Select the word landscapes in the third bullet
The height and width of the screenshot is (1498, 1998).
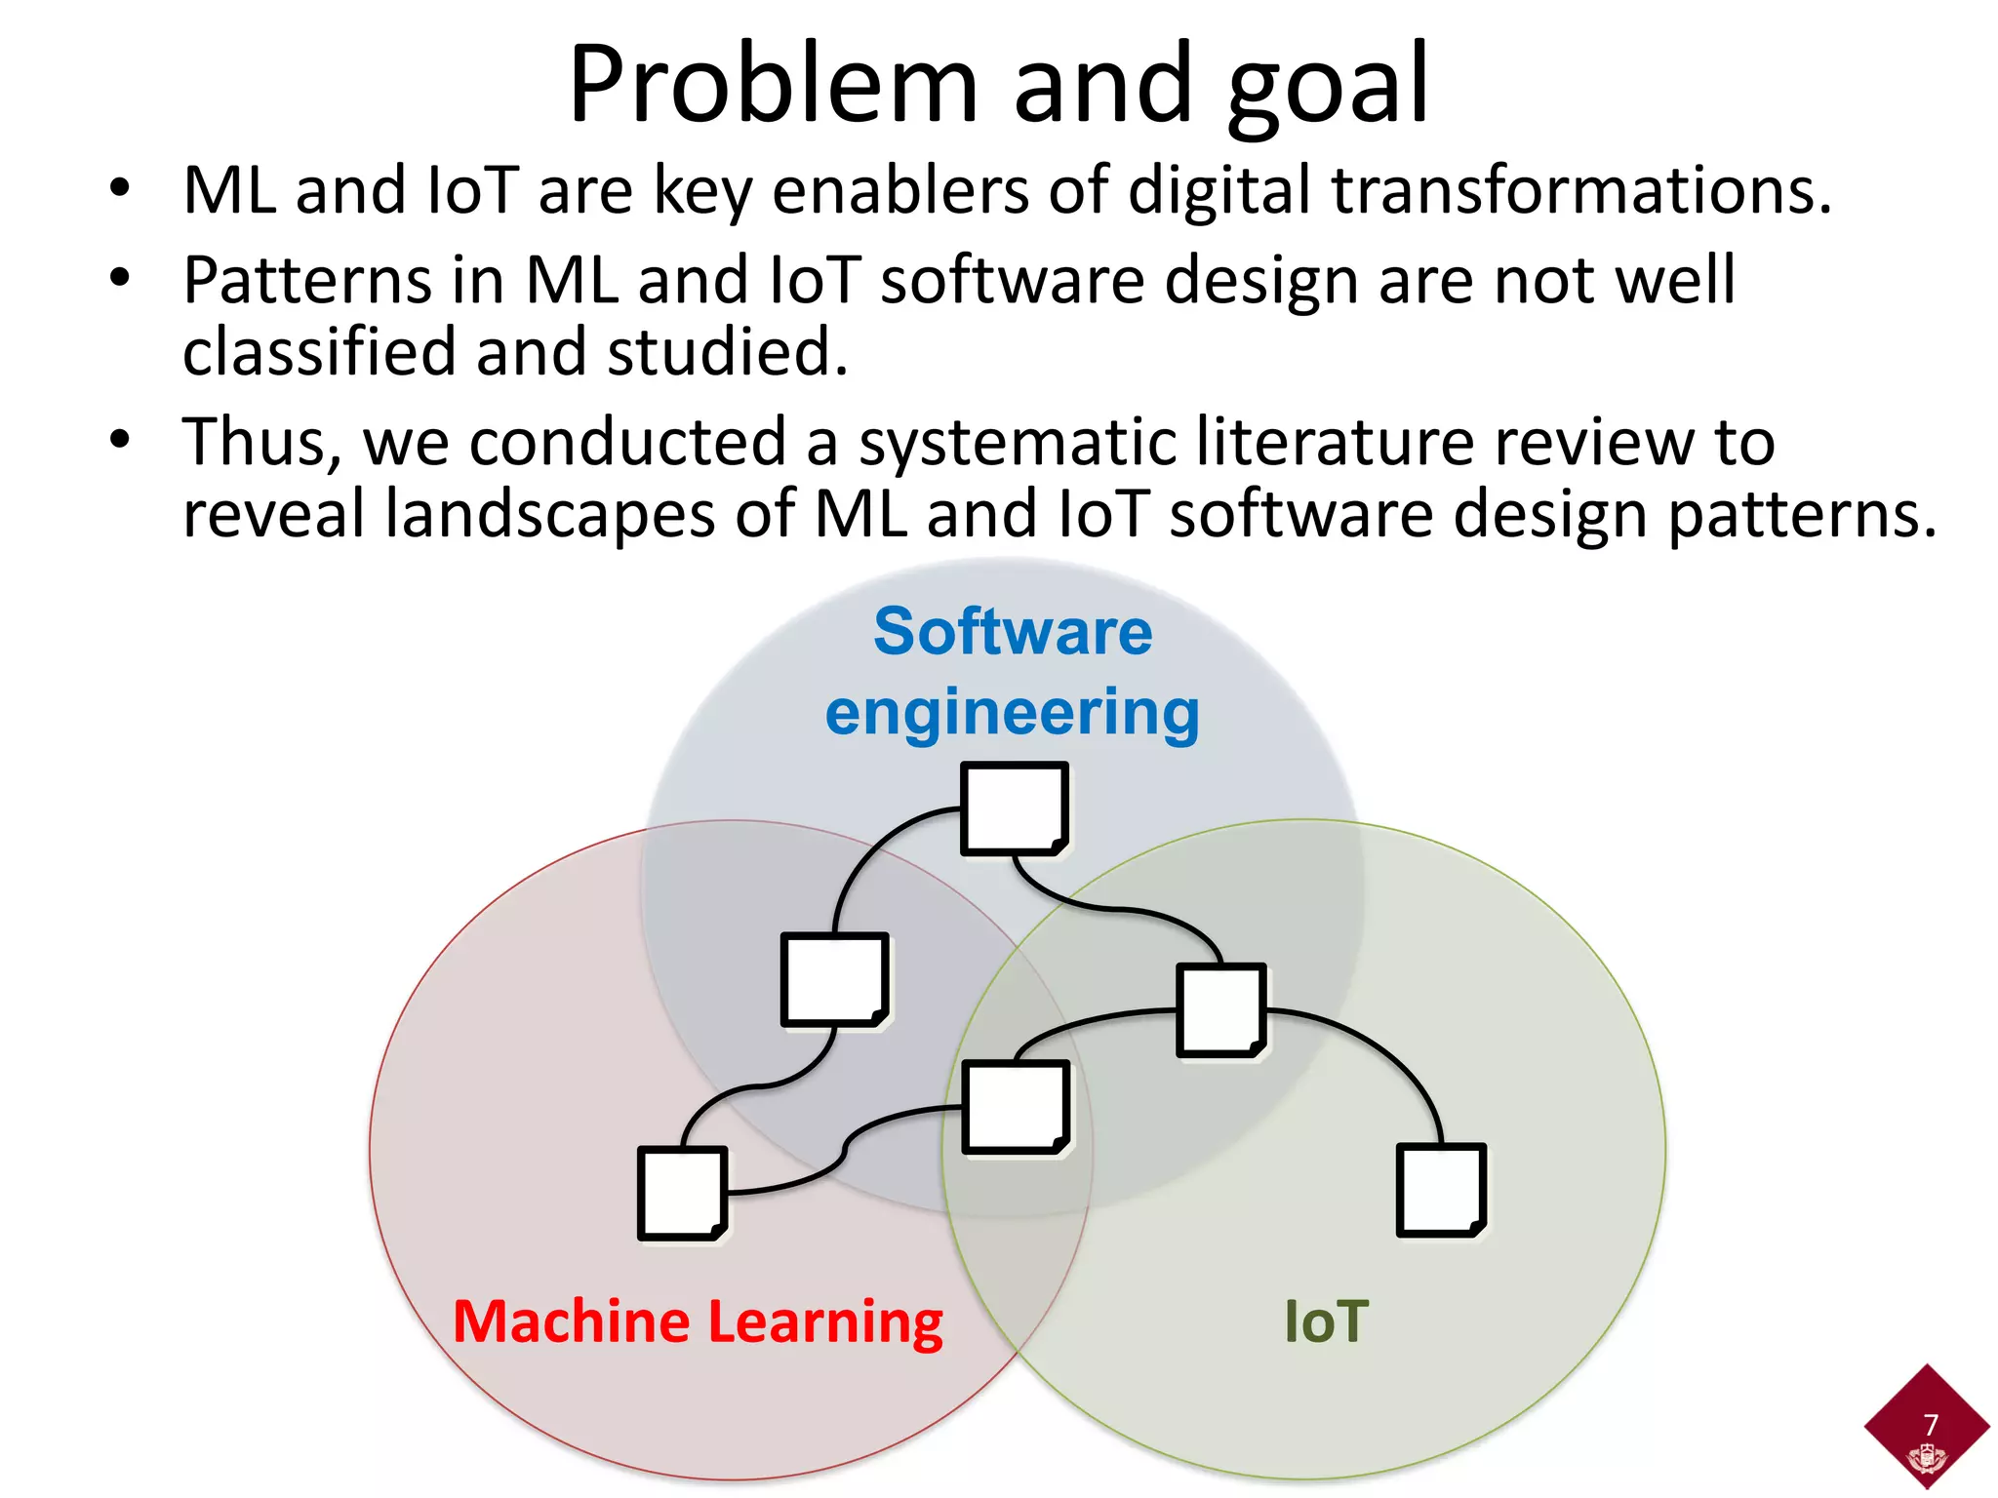pyautogui.click(x=550, y=515)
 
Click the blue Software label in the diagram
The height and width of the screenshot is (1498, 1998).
pyautogui.click(x=1013, y=632)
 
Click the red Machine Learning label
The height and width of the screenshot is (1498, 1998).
pyautogui.click(x=698, y=1322)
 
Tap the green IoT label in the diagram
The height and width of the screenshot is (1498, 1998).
pyautogui.click(x=1326, y=1322)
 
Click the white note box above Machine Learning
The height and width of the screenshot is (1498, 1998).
pyautogui.click(x=683, y=1193)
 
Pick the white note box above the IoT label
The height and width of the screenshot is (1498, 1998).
pyautogui.click(x=1441, y=1191)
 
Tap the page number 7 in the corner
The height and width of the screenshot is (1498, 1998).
pyautogui.click(x=1930, y=1425)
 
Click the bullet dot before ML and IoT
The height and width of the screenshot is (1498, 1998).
pyautogui.click(x=120, y=188)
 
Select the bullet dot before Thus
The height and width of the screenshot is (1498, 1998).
pyautogui.click(x=120, y=440)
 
